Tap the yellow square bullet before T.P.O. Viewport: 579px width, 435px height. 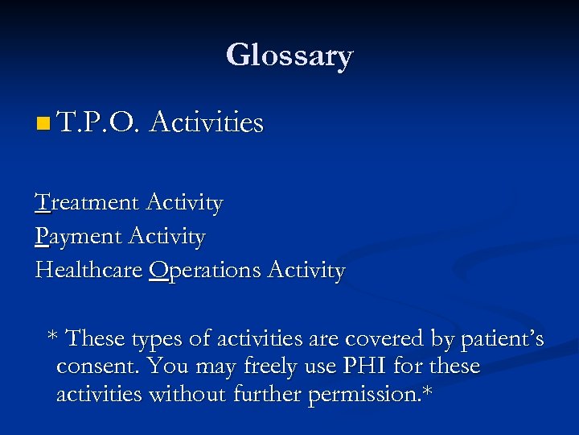(43, 124)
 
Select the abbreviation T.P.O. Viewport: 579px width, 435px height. (99, 123)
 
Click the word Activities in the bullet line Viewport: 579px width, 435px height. (207, 123)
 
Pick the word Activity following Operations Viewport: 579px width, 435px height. (309, 271)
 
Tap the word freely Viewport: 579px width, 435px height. (264, 367)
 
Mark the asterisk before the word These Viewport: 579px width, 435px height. (53, 337)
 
